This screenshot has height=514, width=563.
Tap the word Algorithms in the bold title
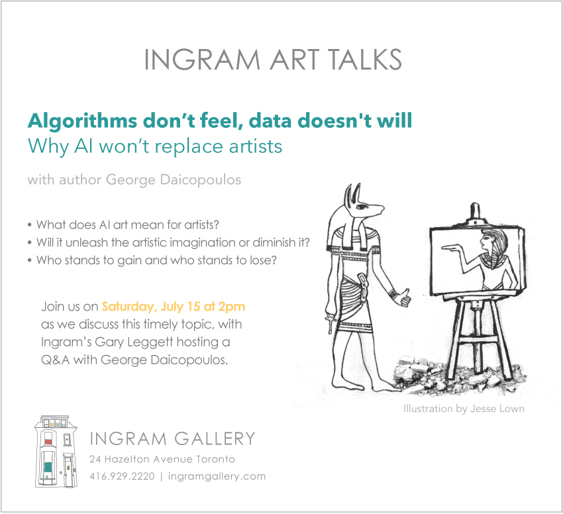(x=82, y=122)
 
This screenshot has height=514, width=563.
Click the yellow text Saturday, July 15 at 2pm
(x=174, y=307)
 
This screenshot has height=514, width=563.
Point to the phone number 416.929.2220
(x=122, y=476)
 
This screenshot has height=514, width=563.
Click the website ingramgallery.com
(x=217, y=477)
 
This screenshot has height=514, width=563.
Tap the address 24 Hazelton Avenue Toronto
(x=162, y=459)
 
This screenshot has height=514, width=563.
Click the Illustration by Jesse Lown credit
(x=464, y=409)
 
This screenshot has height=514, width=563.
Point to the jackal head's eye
(x=361, y=207)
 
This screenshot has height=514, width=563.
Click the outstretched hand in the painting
(x=451, y=247)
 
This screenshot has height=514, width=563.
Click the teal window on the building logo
(x=48, y=467)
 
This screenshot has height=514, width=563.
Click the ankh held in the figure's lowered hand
(x=329, y=323)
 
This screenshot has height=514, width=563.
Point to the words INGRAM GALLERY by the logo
(x=172, y=438)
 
